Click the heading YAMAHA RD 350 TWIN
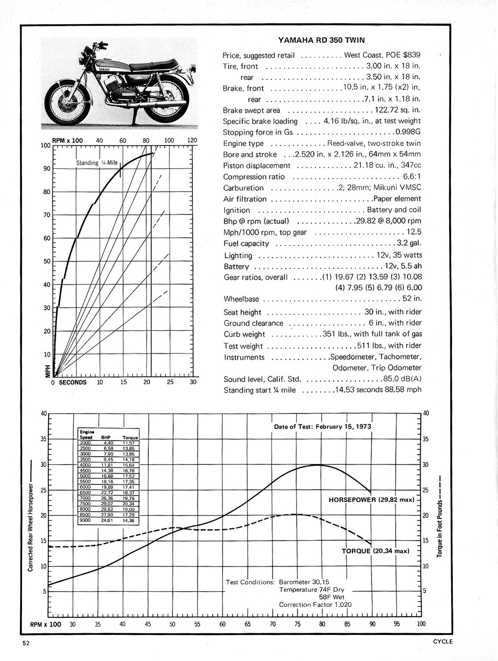coord(321,40)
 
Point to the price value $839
coord(411,55)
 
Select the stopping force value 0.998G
coord(407,132)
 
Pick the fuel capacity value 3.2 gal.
coord(409,243)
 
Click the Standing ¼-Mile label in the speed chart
coord(97,163)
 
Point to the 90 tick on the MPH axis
coord(47,169)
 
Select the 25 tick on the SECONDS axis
coord(170,382)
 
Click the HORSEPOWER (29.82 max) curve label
coord(372,500)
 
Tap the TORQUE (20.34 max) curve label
coord(375,551)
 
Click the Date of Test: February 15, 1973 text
coord(323,426)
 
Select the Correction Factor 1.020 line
coord(315,605)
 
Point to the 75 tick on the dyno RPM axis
coord(297,624)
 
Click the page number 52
coord(26,643)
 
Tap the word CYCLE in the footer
coord(443,641)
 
